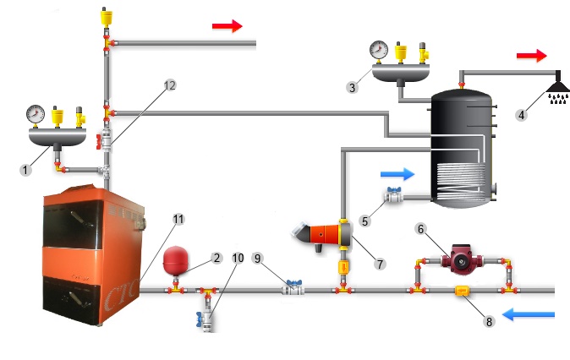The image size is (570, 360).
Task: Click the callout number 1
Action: [x=26, y=170]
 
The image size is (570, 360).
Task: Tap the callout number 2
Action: [x=216, y=257]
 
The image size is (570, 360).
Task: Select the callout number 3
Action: [x=352, y=86]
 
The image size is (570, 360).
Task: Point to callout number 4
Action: [x=524, y=117]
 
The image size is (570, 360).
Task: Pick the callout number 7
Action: [x=379, y=265]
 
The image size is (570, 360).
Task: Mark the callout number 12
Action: [x=169, y=85]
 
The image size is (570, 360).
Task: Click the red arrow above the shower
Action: [x=531, y=56]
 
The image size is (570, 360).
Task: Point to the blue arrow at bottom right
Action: [x=529, y=314]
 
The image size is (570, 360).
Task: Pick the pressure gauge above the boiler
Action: [x=35, y=112]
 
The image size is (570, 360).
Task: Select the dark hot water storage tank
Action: [x=463, y=152]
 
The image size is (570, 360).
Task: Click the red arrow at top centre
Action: [x=226, y=26]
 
